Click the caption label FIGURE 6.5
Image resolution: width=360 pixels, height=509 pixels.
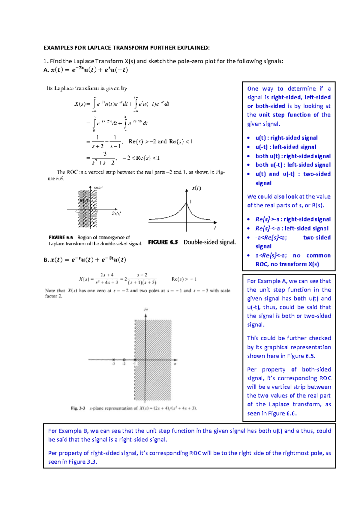pyautogui.click(x=163, y=242)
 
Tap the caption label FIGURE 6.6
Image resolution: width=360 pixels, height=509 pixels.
pyautogui.click(x=61, y=237)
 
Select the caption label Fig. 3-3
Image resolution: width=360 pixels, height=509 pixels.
pyautogui.click(x=78, y=408)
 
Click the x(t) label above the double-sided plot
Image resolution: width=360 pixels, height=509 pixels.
pyautogui.click(x=196, y=188)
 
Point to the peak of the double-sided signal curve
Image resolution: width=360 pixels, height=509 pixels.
pyautogui.click(x=187, y=203)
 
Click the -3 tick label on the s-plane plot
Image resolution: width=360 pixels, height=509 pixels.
pyautogui.click(x=113, y=364)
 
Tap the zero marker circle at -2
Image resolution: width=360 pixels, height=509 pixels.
pyautogui.click(x=124, y=360)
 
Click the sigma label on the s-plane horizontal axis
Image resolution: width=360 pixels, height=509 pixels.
pyautogui.click(x=175, y=364)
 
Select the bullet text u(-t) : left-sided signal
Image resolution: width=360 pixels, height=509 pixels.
pyautogui.click(x=286, y=147)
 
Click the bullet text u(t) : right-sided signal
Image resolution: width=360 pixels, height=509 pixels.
pyautogui.click(x=286, y=138)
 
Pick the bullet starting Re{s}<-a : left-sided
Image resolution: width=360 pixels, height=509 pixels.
pyautogui.click(x=292, y=228)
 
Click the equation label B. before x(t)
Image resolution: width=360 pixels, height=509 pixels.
pyautogui.click(x=46, y=260)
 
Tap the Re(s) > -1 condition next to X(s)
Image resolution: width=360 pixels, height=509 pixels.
pyautogui.click(x=184, y=279)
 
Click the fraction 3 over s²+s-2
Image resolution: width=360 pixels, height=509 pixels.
pyautogui.click(x=104, y=158)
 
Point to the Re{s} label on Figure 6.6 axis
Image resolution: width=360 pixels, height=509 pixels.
pyautogui.click(x=116, y=213)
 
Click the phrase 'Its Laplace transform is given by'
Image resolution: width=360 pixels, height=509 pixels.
pyautogui.click(x=87, y=88)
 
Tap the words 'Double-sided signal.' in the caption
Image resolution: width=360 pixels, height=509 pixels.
pyautogui.click(x=209, y=242)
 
